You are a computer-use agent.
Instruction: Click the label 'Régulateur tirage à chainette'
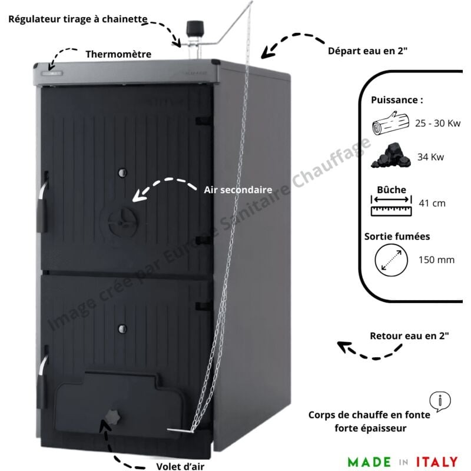pos(77,18)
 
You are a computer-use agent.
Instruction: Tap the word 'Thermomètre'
pos(118,54)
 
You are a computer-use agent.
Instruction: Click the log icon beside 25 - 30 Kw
pos(389,125)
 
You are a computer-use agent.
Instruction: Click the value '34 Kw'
pos(431,158)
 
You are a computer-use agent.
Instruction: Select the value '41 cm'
pos(432,204)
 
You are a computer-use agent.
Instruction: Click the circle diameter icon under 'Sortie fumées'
pos(392,260)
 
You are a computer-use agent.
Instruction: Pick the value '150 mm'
pos(436,259)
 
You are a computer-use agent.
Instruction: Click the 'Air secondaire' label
pos(237,190)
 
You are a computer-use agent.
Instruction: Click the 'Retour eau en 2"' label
pos(409,336)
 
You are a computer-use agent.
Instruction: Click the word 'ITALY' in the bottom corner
pos(436,460)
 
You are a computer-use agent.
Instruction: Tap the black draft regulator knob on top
pos(194,28)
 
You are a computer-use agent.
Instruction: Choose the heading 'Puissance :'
pos(397,100)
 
